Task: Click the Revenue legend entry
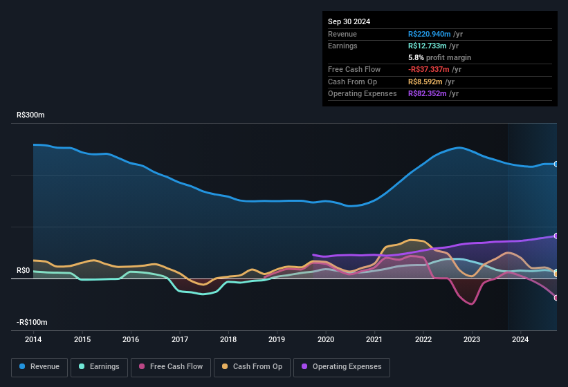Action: tap(40, 367)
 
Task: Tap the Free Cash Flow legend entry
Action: tap(170, 367)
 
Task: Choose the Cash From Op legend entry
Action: tap(253, 367)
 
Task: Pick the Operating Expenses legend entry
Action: tap(342, 367)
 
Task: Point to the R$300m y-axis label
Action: tap(31, 115)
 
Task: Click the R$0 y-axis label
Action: tap(24, 270)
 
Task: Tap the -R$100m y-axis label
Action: tap(33, 323)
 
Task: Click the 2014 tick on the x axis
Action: tap(33, 339)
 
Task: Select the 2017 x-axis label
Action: tap(180, 339)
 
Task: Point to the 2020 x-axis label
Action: tap(326, 339)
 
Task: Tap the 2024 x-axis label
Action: tap(520, 339)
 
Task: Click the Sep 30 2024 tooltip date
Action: tap(349, 21)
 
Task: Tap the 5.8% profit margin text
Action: tap(439, 57)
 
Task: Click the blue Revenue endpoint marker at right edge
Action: tap(556, 164)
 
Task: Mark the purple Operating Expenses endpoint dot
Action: tap(556, 236)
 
